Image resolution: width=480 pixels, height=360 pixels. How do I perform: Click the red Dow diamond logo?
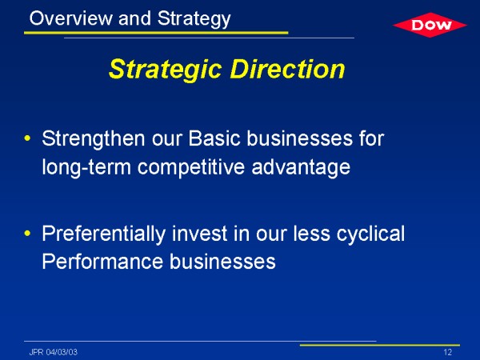click(430, 25)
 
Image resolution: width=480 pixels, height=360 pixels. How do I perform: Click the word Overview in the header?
click(71, 18)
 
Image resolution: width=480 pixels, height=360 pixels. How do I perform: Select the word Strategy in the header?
click(194, 19)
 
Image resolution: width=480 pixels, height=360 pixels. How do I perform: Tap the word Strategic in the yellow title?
click(165, 70)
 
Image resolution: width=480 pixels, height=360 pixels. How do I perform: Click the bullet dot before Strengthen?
click(27, 138)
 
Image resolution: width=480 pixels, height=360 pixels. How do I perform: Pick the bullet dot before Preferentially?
click(27, 234)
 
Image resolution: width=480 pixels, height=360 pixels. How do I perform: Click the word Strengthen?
click(94, 139)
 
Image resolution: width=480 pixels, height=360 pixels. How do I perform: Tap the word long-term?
click(86, 168)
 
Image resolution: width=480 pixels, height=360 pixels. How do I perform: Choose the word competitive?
click(191, 168)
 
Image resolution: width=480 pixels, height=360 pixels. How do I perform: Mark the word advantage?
click(301, 168)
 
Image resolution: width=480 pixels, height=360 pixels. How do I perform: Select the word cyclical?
click(370, 234)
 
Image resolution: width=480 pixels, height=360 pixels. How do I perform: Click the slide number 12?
click(447, 352)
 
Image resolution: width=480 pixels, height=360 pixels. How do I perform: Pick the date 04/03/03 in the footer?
click(62, 352)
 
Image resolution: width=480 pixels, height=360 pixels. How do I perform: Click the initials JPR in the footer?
click(37, 352)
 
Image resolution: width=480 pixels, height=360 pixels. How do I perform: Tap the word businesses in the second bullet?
click(223, 262)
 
